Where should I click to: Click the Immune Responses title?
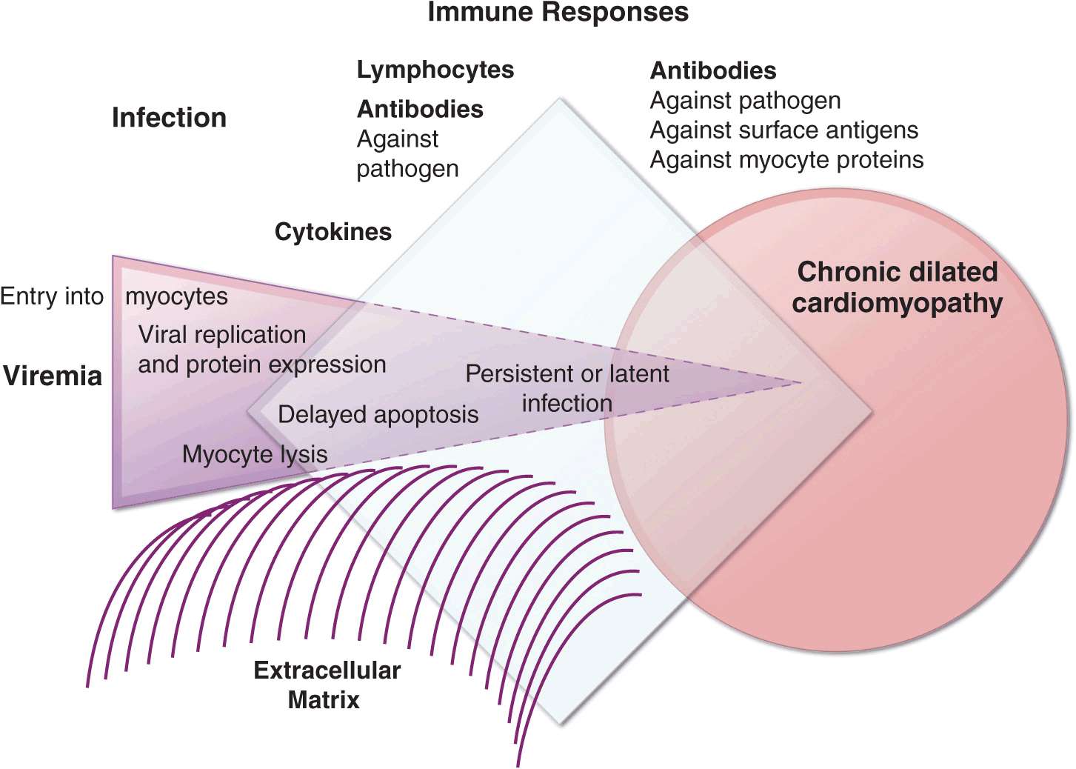click(558, 13)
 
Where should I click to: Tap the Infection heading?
click(169, 118)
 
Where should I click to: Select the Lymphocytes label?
click(435, 70)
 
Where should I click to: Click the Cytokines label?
click(333, 232)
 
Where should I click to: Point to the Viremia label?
click(53, 376)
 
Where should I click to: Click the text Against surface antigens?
click(783, 130)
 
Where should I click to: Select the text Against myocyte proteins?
click(786, 160)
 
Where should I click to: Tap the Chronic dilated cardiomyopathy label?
click(897, 287)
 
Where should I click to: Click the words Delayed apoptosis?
click(378, 414)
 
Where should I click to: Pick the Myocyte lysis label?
click(255, 454)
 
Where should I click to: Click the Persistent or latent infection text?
click(567, 388)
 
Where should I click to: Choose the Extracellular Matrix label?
click(326, 685)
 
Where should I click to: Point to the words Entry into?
click(52, 296)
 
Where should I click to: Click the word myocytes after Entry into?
click(176, 296)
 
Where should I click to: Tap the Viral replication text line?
click(222, 335)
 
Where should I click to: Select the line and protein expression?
click(262, 364)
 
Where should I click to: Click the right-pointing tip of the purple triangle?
click(801, 383)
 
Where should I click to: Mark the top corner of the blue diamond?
click(560, 100)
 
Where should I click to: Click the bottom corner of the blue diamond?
click(560, 722)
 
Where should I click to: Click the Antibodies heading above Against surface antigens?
click(713, 71)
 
